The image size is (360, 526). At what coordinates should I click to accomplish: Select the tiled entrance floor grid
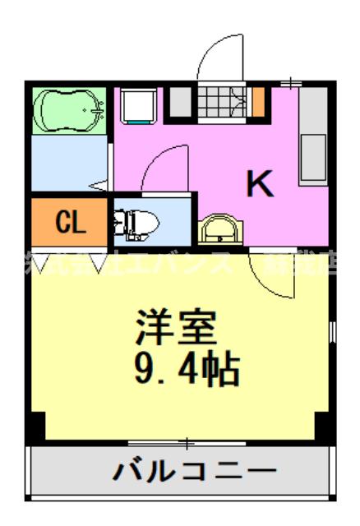[x=221, y=102]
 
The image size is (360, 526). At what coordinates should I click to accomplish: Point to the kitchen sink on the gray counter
[x=313, y=154]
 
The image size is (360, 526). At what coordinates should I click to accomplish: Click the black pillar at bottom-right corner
[x=325, y=427]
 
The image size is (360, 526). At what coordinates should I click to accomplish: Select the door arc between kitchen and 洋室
[x=275, y=275]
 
